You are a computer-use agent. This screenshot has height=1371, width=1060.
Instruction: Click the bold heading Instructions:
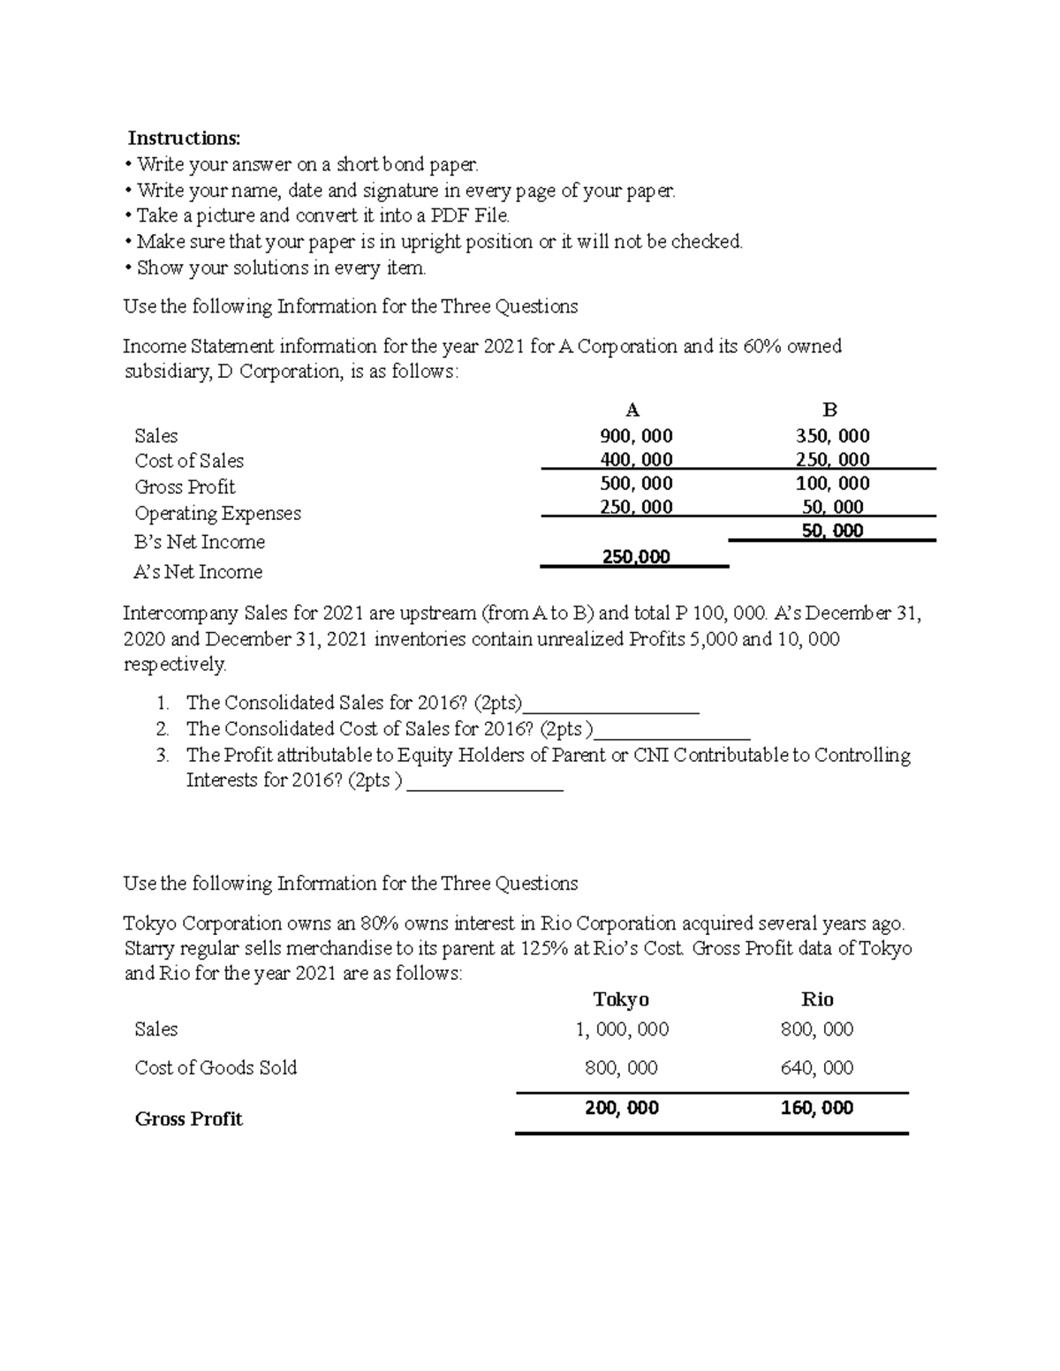pyautogui.click(x=184, y=138)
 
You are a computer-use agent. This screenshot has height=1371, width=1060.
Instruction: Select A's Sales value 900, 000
pyautogui.click(x=635, y=435)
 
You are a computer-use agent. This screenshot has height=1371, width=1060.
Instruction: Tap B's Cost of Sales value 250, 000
pyautogui.click(x=832, y=459)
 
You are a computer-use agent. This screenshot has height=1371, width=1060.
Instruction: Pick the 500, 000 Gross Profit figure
pyautogui.click(x=635, y=483)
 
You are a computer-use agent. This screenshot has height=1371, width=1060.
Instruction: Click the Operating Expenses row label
pyautogui.click(x=217, y=513)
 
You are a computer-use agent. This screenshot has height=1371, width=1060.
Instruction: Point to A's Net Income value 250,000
pyautogui.click(x=635, y=556)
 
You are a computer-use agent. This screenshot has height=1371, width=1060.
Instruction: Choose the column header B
pyautogui.click(x=829, y=410)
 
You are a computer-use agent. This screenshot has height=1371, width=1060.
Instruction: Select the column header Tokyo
pyautogui.click(x=621, y=998)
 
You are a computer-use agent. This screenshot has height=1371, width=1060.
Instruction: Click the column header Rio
pyautogui.click(x=816, y=998)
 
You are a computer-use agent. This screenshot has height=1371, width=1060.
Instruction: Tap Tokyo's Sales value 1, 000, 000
pyautogui.click(x=622, y=1028)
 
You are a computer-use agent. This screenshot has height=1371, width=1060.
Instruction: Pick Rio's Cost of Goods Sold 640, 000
pyautogui.click(x=816, y=1067)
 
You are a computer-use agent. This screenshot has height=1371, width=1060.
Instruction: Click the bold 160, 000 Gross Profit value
pyautogui.click(x=816, y=1108)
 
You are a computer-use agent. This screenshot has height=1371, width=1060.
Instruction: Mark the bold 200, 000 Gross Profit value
pyautogui.click(x=622, y=1108)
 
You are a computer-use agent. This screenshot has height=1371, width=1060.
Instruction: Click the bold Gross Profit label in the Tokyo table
pyautogui.click(x=188, y=1119)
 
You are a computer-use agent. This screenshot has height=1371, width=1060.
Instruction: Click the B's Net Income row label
pyautogui.click(x=200, y=541)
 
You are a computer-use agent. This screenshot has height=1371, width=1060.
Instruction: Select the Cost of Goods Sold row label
pyautogui.click(x=216, y=1067)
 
